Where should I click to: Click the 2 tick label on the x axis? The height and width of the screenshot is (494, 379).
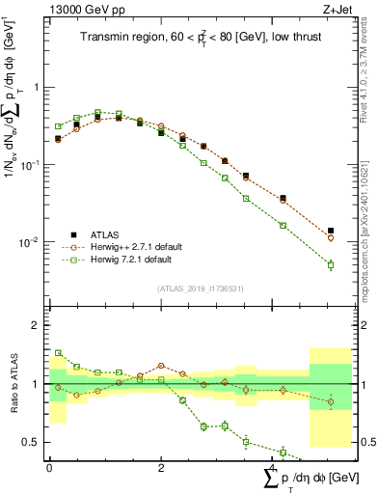(161, 468)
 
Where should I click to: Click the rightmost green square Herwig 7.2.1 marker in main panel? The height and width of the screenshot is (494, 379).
(331, 264)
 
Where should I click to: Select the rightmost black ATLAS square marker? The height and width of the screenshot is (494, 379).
(331, 231)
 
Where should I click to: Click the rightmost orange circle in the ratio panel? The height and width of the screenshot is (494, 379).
(331, 401)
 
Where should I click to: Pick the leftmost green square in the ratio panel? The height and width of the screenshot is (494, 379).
(59, 353)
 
